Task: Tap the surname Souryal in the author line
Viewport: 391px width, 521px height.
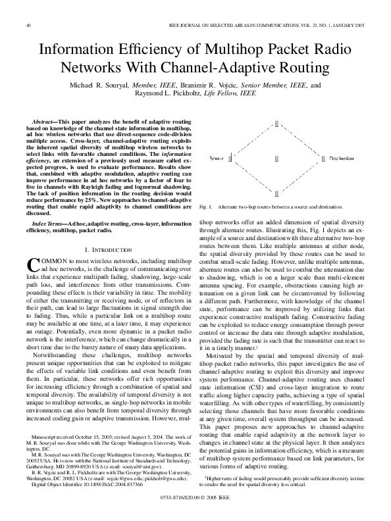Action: coord(120,86)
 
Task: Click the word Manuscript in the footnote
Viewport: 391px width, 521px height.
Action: coord(45,435)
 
